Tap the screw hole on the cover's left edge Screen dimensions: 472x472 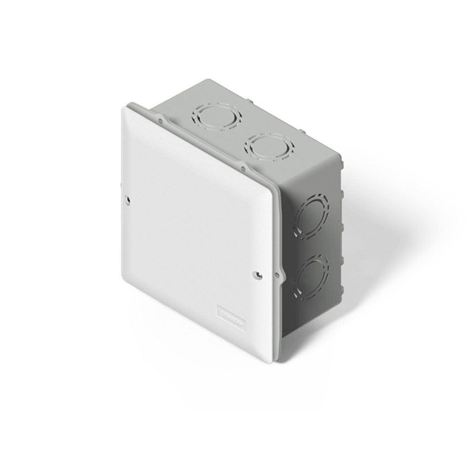pyautogui.click(x=128, y=200)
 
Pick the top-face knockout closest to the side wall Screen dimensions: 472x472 pyautogui.click(x=271, y=147)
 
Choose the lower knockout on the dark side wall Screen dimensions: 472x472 pyautogui.click(x=312, y=277)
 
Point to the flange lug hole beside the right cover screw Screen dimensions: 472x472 pyautogui.click(x=277, y=275)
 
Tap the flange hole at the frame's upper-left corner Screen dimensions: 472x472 pyautogui.click(x=159, y=121)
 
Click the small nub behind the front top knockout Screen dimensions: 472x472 pyautogui.click(x=302, y=131)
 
